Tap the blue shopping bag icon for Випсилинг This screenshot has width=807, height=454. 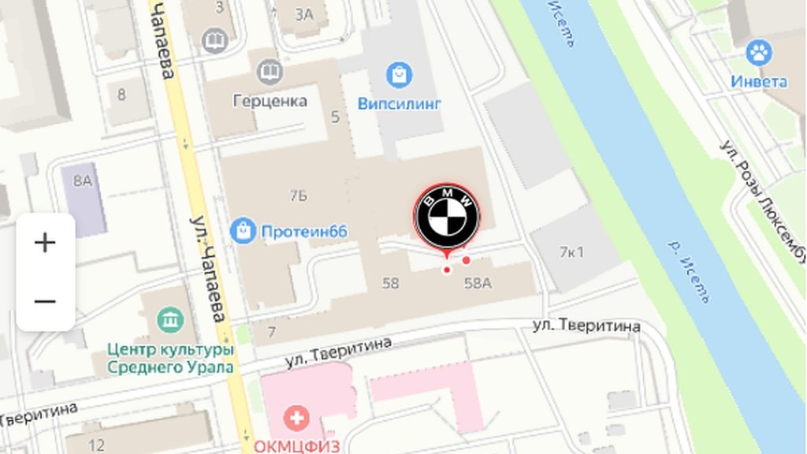tap(400, 76)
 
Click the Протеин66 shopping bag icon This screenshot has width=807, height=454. tap(243, 231)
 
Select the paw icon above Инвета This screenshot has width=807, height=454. tap(759, 54)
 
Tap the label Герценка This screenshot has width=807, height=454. tap(270, 101)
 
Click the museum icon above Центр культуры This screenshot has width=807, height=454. tap(169, 320)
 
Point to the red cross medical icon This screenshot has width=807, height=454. tap(296, 419)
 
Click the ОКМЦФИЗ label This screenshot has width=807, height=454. tap(296, 445)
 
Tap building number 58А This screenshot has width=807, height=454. tap(478, 284)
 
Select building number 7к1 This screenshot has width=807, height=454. tap(571, 252)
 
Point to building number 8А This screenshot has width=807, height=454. tap(83, 180)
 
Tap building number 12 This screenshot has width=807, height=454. tap(96, 445)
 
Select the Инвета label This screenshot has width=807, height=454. tap(758, 81)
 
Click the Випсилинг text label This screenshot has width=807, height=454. tap(400, 103)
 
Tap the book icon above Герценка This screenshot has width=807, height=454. tap(270, 73)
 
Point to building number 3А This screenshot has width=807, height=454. tap(304, 13)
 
